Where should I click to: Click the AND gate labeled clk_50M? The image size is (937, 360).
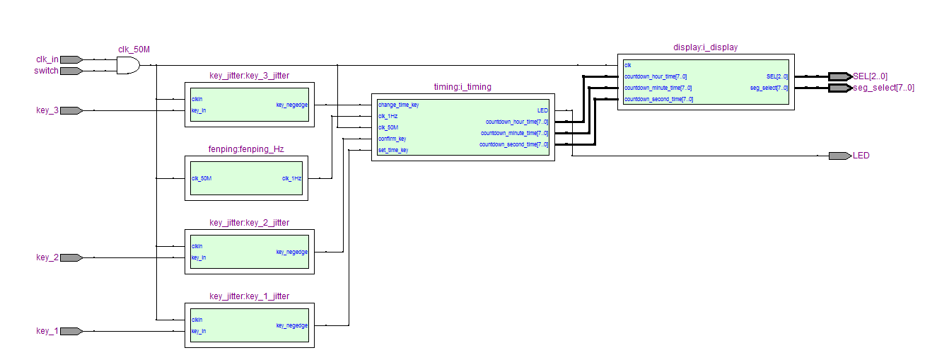[x=127, y=65]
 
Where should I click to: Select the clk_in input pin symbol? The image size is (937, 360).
[x=71, y=59]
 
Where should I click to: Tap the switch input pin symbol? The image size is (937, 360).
[x=71, y=71]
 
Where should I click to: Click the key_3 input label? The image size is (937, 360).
[x=47, y=110]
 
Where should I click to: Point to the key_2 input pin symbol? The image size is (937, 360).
[x=71, y=257]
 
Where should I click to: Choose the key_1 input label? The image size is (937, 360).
[x=47, y=331]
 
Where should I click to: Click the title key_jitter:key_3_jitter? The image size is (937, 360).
[x=249, y=76]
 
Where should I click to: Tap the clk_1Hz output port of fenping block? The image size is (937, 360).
[x=291, y=178]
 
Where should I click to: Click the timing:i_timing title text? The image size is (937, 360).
[x=462, y=87]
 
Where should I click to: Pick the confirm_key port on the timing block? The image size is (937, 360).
[x=392, y=139]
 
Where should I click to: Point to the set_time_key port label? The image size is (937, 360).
[x=393, y=150]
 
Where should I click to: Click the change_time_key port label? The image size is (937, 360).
[x=398, y=105]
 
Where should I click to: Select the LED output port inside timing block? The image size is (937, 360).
[x=542, y=110]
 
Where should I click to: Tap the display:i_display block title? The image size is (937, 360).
[x=705, y=47]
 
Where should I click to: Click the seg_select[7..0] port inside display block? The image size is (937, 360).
[x=769, y=88]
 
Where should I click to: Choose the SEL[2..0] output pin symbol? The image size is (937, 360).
[x=841, y=76]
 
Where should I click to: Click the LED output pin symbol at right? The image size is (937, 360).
[x=840, y=156]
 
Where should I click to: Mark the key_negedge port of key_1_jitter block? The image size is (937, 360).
[x=291, y=325]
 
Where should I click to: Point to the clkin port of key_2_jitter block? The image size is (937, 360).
[x=197, y=246]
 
